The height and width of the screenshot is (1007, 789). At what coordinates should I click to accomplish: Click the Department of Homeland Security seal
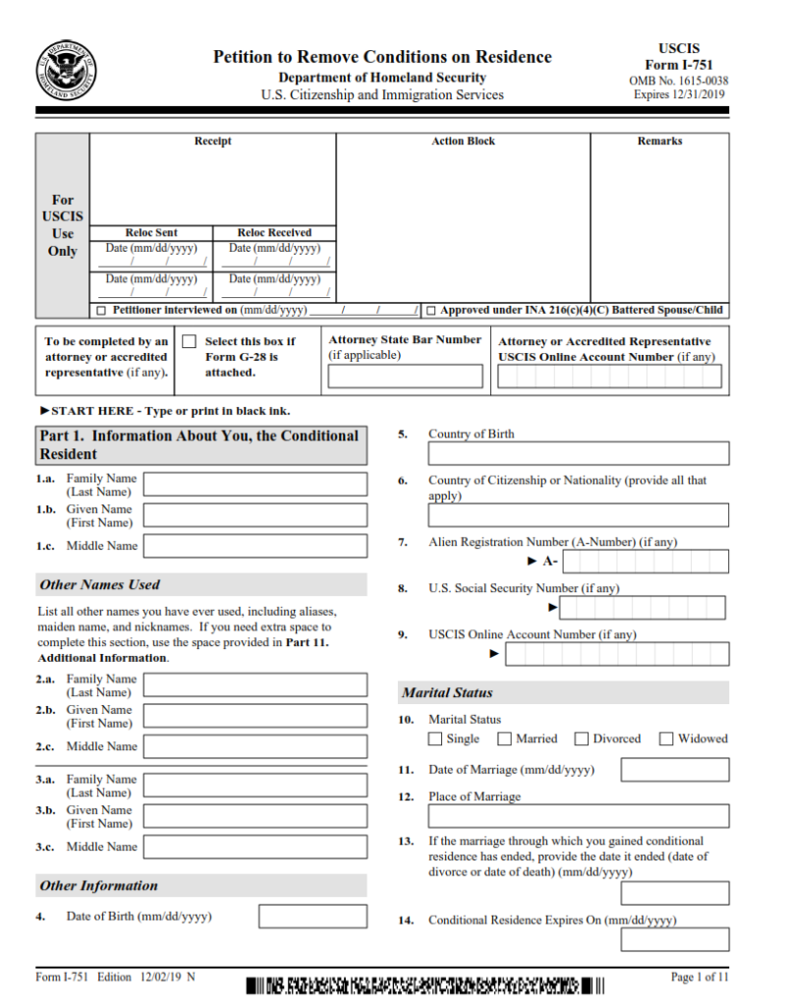pos(67,71)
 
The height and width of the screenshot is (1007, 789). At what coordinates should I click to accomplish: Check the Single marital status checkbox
pos(435,739)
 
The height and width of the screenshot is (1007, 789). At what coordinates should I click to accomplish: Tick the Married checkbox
pos(505,739)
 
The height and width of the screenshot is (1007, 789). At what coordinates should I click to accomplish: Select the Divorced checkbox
pos(582,739)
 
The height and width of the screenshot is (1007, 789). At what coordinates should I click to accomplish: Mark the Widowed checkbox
pos(666,739)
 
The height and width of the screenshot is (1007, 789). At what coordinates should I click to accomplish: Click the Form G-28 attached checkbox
pos(190,341)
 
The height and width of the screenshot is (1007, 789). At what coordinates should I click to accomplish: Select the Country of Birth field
pos(578,453)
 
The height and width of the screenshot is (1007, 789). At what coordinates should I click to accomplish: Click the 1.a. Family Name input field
pos(255,484)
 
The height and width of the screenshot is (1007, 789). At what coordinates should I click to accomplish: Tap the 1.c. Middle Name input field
pos(255,546)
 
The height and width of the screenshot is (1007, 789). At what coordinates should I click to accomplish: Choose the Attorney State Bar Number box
pos(405,376)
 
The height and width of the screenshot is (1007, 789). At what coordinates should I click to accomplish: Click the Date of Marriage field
pos(674,769)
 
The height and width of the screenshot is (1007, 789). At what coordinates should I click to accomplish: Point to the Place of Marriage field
pos(578,816)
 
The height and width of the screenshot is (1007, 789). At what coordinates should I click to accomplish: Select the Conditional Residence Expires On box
pos(674,939)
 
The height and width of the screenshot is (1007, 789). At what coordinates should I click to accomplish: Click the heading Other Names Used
pos(99,585)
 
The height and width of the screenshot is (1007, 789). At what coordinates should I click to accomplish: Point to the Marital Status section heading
pos(447,693)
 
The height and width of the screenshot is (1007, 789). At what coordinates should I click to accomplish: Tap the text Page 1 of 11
pos(700,977)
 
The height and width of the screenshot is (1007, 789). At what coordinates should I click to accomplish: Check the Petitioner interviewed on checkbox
pos(102,311)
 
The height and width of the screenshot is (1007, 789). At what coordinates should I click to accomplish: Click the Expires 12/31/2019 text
pos(679,95)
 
